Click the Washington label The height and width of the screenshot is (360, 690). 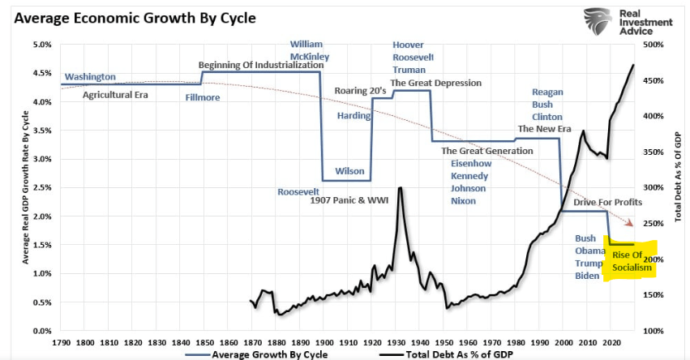[x=90, y=77]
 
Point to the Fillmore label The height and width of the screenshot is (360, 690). [x=202, y=97]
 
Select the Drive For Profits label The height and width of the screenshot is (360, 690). [x=607, y=201]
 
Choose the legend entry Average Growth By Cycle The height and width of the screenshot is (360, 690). [x=260, y=354]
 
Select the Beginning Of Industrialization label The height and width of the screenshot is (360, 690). [x=261, y=65]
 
